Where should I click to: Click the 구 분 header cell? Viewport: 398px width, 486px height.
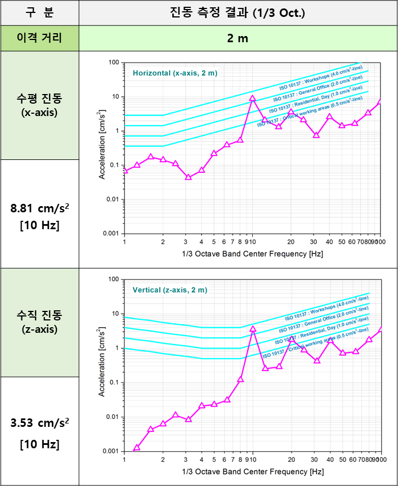[x=39, y=12]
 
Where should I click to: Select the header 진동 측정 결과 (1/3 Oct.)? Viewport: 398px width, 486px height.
[x=238, y=12]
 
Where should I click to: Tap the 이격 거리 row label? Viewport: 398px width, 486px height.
[x=39, y=38]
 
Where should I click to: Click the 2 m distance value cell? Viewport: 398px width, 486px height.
[x=238, y=38]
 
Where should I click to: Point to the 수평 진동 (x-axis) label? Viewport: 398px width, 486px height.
[x=39, y=105]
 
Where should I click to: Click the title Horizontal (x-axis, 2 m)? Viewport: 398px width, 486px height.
[x=175, y=73]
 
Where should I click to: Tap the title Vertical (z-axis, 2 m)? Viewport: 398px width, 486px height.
[x=170, y=290]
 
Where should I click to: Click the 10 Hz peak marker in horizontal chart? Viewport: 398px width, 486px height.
[x=253, y=98]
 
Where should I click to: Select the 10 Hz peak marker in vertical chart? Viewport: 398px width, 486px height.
[x=253, y=328]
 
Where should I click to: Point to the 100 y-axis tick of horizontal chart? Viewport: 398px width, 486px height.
[x=114, y=63]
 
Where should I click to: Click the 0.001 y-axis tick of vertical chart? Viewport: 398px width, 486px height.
[x=110, y=452]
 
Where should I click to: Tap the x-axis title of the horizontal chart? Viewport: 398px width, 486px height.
[x=253, y=254]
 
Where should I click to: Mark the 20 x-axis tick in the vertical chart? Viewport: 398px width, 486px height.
[x=291, y=460]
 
